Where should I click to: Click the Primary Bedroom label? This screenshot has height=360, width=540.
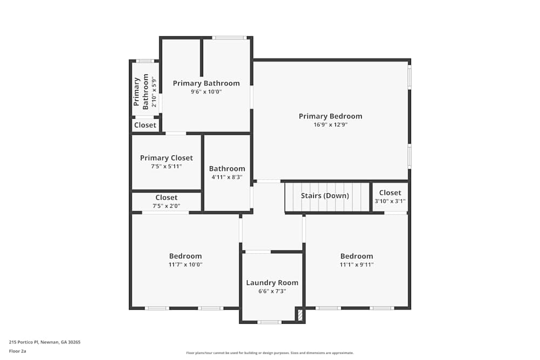pos(330,116)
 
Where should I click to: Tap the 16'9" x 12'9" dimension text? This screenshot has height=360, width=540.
pos(330,125)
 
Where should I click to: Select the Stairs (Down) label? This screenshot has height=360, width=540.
pos(325,195)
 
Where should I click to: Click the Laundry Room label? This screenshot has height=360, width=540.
pos(272,283)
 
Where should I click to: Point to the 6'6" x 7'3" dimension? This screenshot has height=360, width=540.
pos(272,291)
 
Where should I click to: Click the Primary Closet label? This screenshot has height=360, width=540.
pos(166,158)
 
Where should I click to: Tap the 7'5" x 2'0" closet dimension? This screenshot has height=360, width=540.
pos(166,206)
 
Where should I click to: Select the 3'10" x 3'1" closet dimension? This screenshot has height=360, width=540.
pos(390,201)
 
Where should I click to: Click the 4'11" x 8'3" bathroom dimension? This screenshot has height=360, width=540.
pos(227,177)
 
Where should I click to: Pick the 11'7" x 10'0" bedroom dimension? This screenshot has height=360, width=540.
pos(185,265)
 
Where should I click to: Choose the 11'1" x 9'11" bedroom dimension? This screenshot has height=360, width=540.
pos(356,265)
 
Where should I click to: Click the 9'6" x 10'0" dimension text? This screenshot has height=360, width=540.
pos(206,92)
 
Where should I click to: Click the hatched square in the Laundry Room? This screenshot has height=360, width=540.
pos(300,315)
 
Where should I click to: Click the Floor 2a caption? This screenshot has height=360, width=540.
pos(17,351)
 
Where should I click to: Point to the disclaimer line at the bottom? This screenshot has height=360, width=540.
pos(270,353)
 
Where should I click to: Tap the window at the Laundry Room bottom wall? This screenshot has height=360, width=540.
pos(269,322)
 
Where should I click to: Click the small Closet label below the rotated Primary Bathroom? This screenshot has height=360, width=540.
pos(145,125)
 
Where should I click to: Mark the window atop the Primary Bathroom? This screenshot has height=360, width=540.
pos(229,38)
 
